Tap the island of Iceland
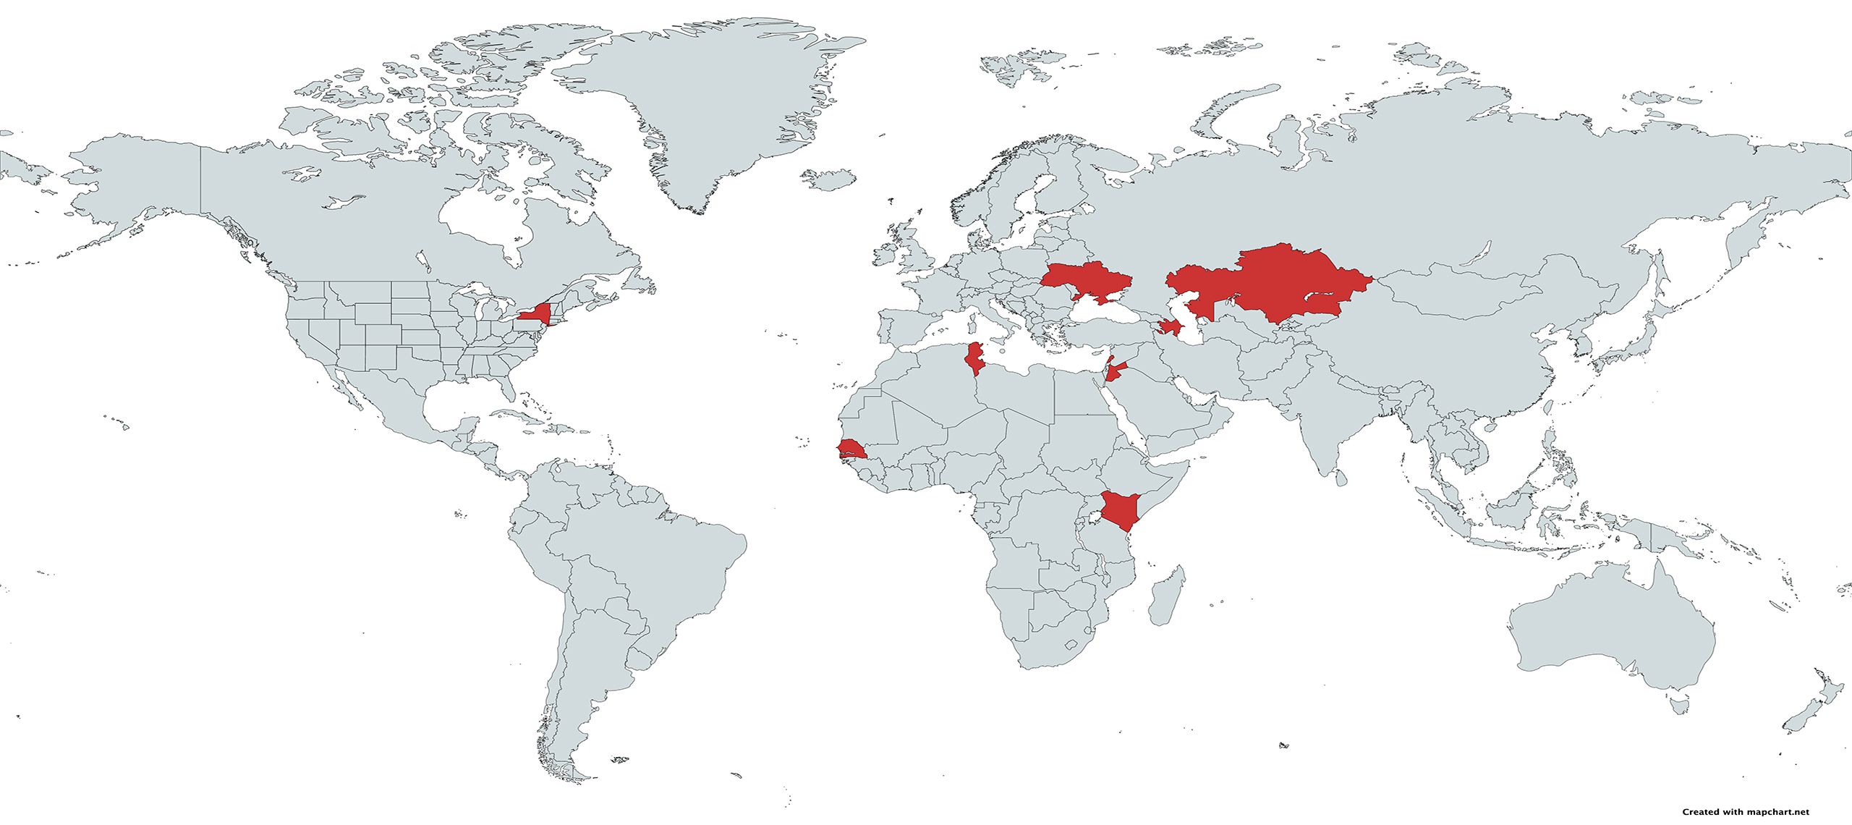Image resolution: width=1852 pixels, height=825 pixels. [829, 178]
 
